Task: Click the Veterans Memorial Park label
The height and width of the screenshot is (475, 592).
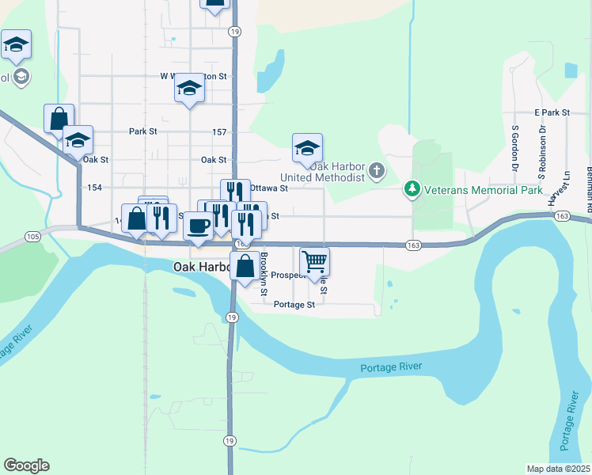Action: [x=484, y=190]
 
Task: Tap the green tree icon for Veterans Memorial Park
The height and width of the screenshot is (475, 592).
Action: [x=412, y=189]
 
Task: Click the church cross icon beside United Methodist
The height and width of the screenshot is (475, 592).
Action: [x=377, y=170]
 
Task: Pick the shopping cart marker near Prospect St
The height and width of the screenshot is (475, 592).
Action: [x=315, y=260]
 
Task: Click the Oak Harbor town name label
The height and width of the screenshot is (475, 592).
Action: [x=202, y=268]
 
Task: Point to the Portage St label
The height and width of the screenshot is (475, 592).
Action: [x=294, y=304]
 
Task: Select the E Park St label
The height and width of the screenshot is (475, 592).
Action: [x=552, y=113]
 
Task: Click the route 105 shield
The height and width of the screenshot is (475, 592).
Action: [x=32, y=236]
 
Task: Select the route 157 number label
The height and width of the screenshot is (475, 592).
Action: [x=220, y=131]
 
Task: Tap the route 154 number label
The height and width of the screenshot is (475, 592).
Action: [x=95, y=188]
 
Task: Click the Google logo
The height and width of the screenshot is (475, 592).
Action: [x=26, y=465]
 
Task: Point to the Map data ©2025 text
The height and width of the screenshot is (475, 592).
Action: [x=557, y=469]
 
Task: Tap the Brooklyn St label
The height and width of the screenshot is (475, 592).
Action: [x=264, y=272]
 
